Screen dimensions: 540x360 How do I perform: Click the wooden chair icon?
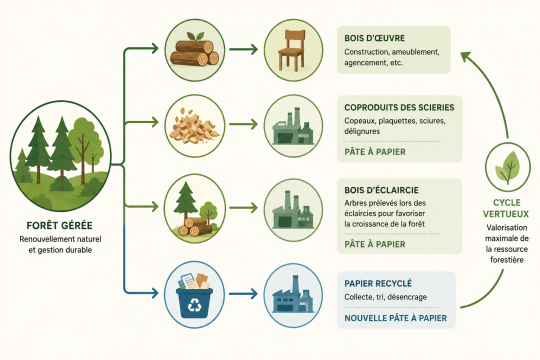[x=291, y=50]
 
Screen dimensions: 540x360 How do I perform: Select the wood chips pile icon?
[x=194, y=126]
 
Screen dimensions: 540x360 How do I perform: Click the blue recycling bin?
[x=194, y=296]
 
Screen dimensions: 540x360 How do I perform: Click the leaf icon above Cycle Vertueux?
[x=507, y=167]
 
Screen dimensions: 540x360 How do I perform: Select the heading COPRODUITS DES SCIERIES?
[x=399, y=107]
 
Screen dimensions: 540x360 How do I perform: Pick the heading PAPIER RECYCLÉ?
[x=378, y=284]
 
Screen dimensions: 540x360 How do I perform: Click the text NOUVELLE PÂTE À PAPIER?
[x=396, y=318]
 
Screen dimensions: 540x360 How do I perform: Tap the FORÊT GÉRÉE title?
[x=60, y=226]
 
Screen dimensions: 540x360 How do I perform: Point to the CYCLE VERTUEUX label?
[x=506, y=208]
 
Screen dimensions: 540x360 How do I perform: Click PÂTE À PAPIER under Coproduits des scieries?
[x=375, y=152]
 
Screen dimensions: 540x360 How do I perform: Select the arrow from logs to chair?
[x=243, y=49]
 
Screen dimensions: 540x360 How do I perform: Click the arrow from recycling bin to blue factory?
[x=243, y=294]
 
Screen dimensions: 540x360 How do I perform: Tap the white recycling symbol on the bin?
[x=195, y=304]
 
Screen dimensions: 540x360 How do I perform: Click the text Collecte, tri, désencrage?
[x=385, y=297]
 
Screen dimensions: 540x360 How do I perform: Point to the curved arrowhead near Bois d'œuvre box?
[x=466, y=56]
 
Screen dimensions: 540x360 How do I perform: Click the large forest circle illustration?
[x=61, y=156]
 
